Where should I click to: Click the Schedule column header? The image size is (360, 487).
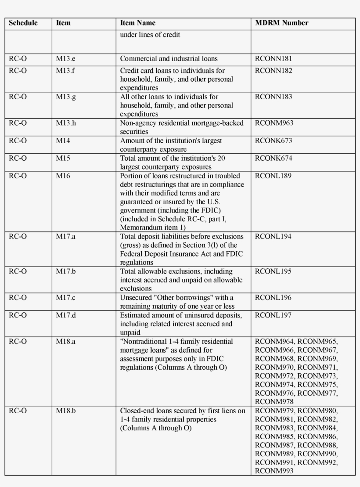[x=23, y=23]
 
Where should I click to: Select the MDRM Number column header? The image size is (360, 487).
[x=281, y=23]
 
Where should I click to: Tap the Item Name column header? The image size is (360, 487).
[x=137, y=23]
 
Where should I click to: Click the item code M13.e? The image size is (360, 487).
[x=65, y=58]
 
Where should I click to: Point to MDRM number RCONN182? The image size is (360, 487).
[x=273, y=71]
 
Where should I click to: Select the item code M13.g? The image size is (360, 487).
[x=65, y=97]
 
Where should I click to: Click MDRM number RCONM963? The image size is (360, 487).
[x=274, y=123]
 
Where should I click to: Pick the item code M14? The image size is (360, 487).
[x=63, y=141]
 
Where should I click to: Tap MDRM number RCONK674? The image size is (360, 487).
[x=273, y=159]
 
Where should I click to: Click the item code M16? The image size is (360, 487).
[x=63, y=176]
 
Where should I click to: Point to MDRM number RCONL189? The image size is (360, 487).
[x=273, y=176]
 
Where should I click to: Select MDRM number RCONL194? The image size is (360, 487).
[x=273, y=237]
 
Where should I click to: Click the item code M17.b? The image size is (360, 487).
[x=66, y=271]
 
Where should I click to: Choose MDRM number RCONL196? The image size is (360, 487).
[x=273, y=298]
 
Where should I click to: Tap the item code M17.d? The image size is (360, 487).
[x=66, y=315]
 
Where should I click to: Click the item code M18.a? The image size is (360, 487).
[x=65, y=342]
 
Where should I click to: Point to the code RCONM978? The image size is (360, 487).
[x=274, y=401]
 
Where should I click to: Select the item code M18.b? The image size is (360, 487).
[x=66, y=411]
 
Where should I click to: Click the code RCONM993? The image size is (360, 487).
[x=274, y=471]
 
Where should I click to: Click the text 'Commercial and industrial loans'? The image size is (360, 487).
[x=169, y=58]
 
